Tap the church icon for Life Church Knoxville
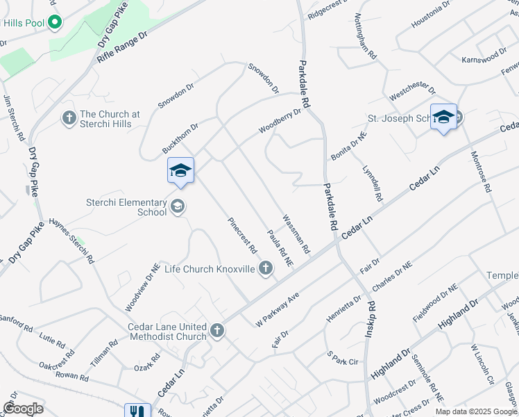point(265,268)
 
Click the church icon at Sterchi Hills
point(69,118)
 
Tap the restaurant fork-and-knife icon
point(135,411)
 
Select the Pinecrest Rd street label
point(244,236)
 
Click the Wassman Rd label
point(295,233)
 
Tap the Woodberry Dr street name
point(280,120)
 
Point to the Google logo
point(23,409)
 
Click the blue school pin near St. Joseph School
point(443,118)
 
